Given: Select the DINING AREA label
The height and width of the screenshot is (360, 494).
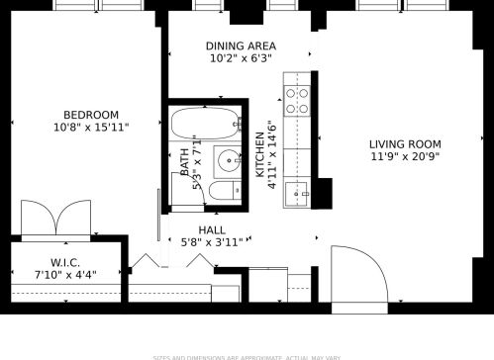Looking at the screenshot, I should (x=241, y=46).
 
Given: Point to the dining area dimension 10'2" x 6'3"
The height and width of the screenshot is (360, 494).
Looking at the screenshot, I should (x=241, y=59).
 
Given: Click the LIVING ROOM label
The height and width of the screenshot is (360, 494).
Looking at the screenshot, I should (x=406, y=143).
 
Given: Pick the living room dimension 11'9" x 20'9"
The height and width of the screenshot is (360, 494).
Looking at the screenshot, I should (x=406, y=156).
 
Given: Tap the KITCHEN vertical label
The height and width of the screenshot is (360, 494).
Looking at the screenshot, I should (x=261, y=153).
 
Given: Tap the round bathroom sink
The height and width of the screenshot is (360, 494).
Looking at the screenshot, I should (x=229, y=158).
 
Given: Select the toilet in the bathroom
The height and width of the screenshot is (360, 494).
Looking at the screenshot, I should (x=225, y=190).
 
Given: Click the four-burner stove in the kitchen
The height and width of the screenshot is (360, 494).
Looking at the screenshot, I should (x=297, y=96).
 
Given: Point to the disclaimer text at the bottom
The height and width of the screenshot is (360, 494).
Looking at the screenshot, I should (x=247, y=356).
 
